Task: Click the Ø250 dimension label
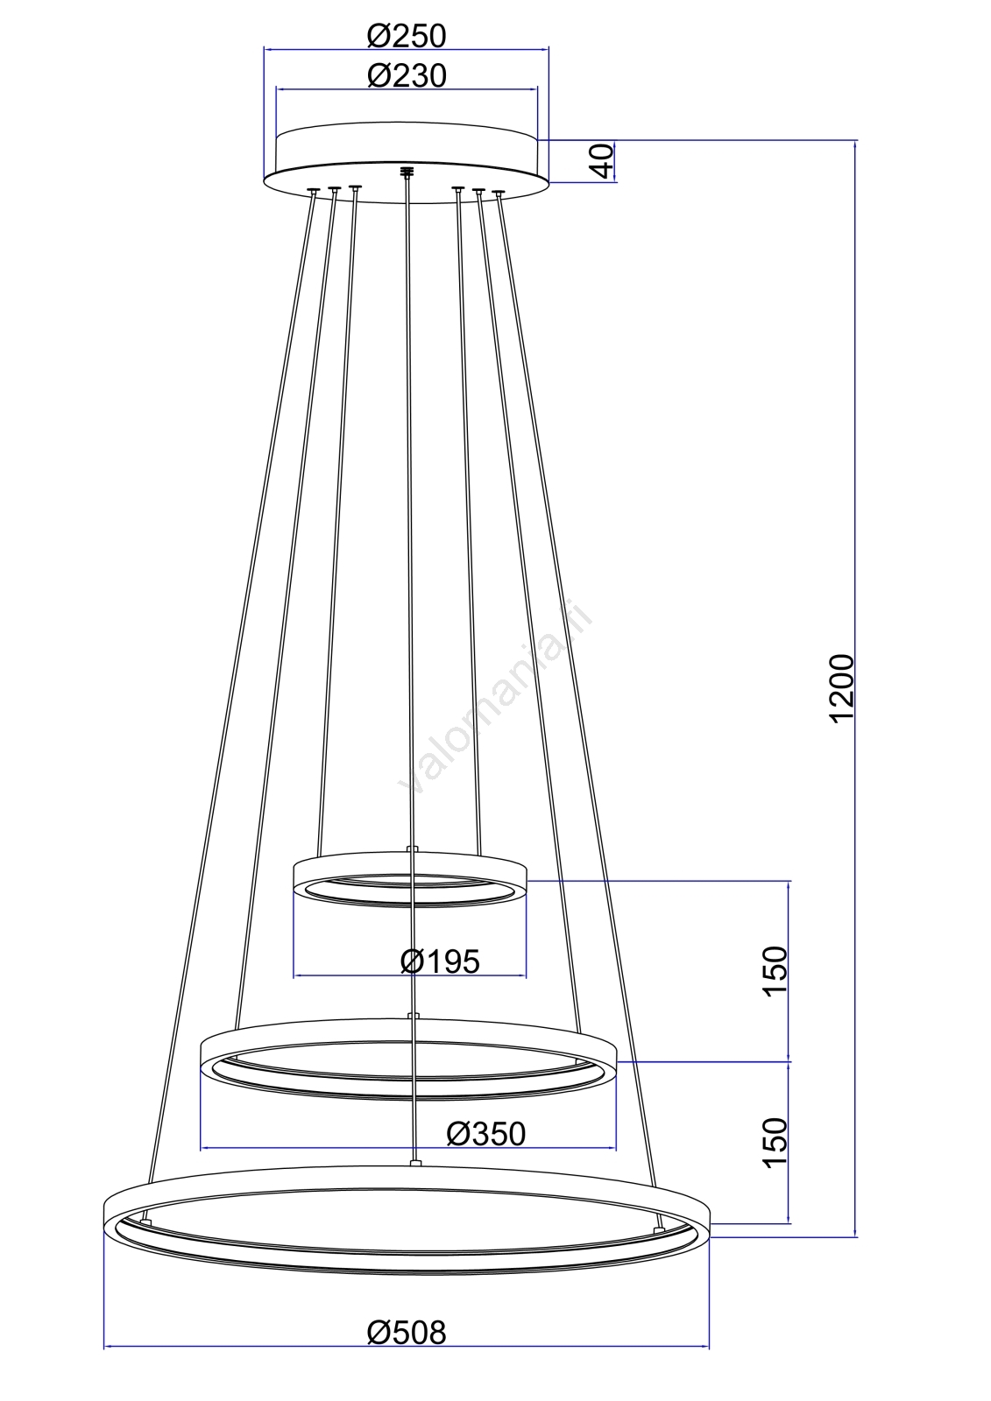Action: (407, 36)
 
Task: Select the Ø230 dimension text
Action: (407, 75)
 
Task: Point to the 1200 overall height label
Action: (841, 688)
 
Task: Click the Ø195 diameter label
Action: (440, 961)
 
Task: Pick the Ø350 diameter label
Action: (485, 1133)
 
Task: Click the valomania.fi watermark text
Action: (494, 698)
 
